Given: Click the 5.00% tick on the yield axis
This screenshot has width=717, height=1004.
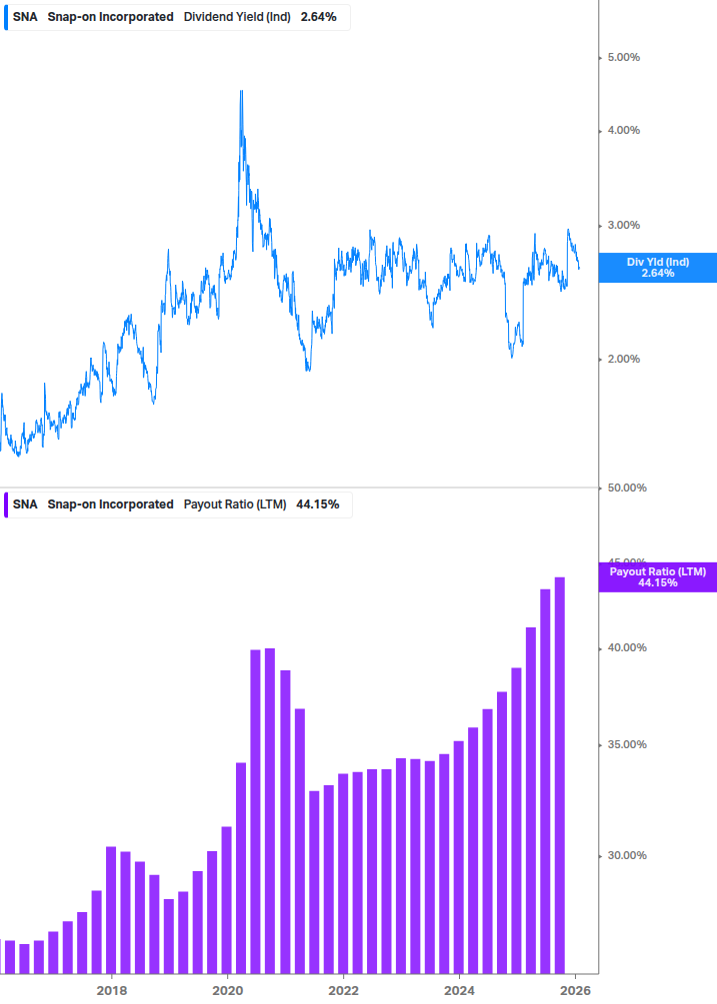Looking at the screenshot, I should click(624, 57).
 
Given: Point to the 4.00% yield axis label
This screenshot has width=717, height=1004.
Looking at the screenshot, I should click(624, 130).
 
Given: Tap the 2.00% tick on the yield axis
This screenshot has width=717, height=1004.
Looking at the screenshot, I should click(624, 359).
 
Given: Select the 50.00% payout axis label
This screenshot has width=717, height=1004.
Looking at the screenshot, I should click(627, 488).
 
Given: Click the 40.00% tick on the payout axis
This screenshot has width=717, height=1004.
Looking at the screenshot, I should click(627, 647).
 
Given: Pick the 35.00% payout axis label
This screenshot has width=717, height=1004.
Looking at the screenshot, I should click(627, 744).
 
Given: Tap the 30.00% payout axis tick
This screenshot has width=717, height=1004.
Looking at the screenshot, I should click(627, 855).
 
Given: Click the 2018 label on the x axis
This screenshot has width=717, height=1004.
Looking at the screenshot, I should click(112, 990).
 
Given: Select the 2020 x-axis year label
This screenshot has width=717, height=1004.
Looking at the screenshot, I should click(228, 990).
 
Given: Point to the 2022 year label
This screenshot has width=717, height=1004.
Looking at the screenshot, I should click(343, 990).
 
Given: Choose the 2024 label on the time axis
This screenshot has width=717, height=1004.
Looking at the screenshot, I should click(459, 990).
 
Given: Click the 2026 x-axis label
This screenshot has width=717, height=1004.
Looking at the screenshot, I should click(575, 990).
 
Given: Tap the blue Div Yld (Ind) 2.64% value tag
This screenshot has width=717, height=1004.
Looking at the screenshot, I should click(657, 267).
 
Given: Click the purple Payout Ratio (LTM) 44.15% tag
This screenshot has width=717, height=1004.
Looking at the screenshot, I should click(657, 576).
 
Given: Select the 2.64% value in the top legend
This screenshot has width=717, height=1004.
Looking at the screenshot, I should click(319, 17).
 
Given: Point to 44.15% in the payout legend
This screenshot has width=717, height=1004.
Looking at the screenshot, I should click(318, 504).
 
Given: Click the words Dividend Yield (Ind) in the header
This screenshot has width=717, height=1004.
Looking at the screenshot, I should click(237, 17).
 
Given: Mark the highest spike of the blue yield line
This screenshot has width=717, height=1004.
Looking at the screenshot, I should click(241, 92).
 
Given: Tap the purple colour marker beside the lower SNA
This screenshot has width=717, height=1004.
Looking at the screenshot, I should click(4, 504).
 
